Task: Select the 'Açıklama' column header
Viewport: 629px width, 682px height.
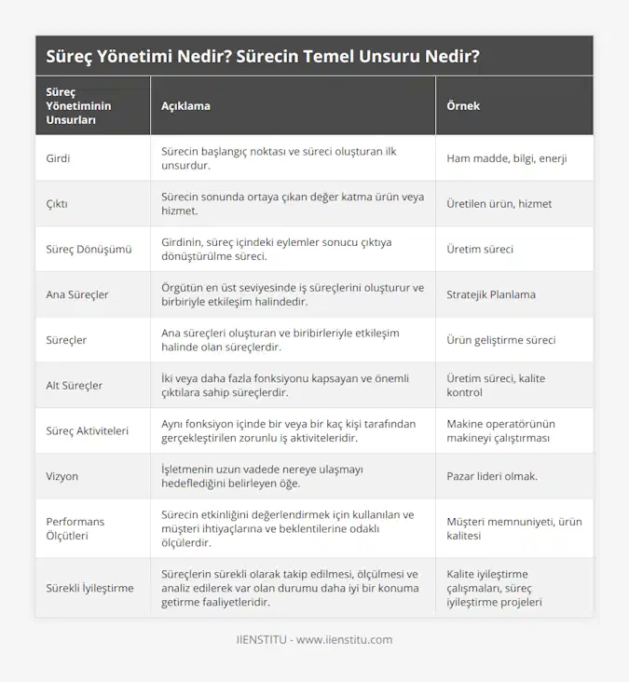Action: [x=185, y=106]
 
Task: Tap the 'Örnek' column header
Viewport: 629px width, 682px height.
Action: [x=463, y=106]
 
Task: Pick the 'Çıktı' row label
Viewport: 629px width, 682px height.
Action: [x=57, y=204]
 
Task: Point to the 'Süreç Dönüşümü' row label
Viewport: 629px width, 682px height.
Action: [x=89, y=250]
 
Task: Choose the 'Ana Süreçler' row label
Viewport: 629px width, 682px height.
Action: [x=77, y=294]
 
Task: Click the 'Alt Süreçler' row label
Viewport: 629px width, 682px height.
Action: [x=75, y=385]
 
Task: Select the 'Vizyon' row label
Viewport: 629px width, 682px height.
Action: [x=62, y=476]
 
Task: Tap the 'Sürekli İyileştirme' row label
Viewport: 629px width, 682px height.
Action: [x=89, y=588]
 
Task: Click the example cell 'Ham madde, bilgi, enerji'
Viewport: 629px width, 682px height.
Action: [x=507, y=158]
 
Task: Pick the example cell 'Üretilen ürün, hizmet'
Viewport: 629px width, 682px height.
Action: [x=499, y=204]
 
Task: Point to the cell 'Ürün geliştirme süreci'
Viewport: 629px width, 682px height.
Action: [x=501, y=340]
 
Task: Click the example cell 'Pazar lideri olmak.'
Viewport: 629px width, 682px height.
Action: [x=492, y=476]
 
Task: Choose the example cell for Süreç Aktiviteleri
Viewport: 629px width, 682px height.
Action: [x=499, y=430]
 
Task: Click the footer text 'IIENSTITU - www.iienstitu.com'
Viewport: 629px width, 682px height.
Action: [x=314, y=640]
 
